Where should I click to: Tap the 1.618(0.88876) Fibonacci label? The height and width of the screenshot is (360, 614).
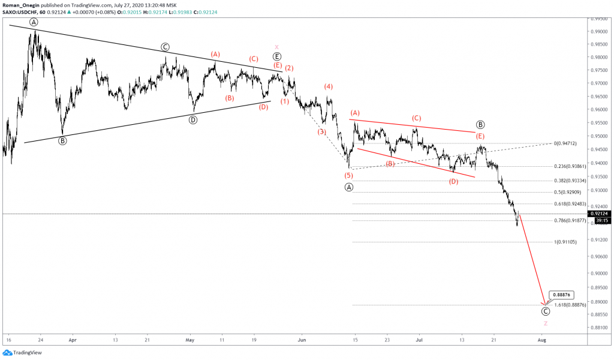566,305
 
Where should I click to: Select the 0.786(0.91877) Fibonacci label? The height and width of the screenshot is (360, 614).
566,220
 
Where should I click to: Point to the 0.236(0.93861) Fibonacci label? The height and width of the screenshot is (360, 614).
566,167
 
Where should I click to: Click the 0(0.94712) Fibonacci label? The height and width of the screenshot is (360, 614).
565,143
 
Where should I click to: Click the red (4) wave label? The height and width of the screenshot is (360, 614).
329,86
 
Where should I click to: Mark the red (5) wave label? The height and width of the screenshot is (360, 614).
348,175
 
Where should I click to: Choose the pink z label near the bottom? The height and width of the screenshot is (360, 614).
545,323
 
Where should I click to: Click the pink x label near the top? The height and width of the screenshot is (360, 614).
276,47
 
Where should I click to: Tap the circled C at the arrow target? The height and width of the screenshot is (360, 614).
545,311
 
